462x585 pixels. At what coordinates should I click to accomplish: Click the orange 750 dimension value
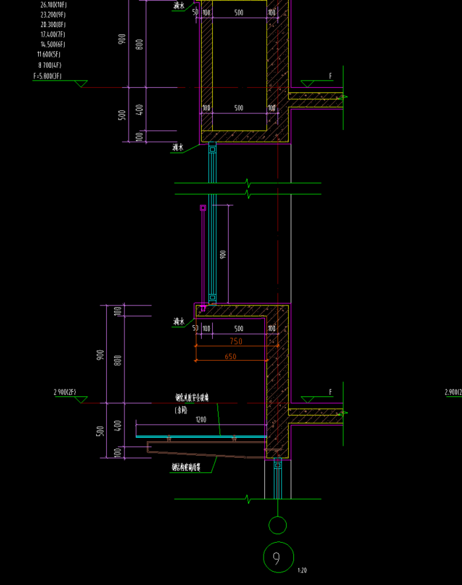coord(236,341)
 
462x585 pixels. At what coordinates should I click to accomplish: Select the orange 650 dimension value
coord(231,357)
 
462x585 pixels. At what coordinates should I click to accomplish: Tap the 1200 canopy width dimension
coord(200,419)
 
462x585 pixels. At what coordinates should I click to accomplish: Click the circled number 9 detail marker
coord(277,558)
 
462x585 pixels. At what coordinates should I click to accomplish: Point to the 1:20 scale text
coord(303,570)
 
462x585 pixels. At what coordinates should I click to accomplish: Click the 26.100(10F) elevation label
coord(53,5)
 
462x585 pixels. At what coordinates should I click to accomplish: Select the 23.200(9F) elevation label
coord(53,15)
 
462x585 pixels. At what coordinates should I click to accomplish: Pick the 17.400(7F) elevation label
coord(53,34)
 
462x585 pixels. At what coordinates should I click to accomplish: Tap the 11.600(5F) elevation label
coord(49,54)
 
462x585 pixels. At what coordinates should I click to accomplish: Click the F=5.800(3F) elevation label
coord(47,76)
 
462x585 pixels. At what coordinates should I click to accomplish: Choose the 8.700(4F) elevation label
coord(49,65)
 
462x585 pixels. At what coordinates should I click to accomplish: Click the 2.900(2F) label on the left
coord(66,392)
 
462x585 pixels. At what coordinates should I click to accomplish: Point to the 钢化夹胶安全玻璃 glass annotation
coord(192,398)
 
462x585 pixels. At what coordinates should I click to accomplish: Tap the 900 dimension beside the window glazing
coord(223,254)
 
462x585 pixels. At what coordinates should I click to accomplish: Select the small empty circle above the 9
coord(277,525)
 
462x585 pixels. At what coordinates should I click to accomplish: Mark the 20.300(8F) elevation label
coord(53,24)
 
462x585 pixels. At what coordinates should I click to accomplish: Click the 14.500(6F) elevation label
coord(53,44)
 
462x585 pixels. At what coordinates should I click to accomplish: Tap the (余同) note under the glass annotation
coord(181,410)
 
